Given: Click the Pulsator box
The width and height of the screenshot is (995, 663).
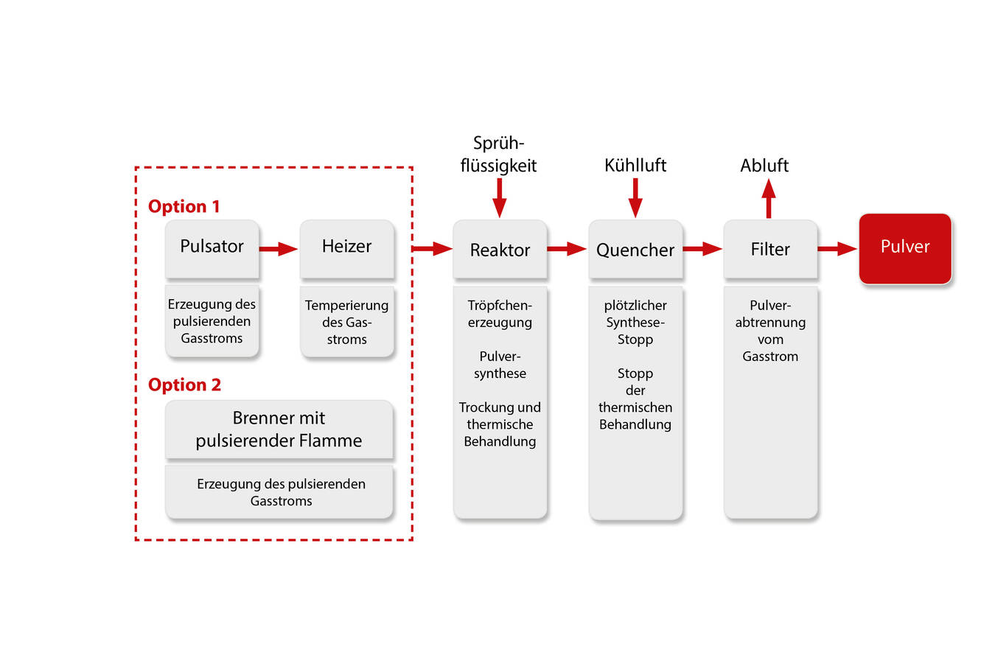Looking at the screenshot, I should click(x=212, y=248).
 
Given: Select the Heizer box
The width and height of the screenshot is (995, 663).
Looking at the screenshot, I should click(x=346, y=248).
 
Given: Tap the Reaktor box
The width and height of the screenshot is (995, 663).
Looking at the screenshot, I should click(x=500, y=250).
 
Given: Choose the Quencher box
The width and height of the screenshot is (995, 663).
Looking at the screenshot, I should click(x=635, y=250).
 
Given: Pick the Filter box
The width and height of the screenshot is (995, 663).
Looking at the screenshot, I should click(x=770, y=250).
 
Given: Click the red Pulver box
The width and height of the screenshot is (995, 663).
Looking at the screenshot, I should click(x=905, y=248).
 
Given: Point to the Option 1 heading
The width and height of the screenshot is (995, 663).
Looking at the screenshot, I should click(x=184, y=206).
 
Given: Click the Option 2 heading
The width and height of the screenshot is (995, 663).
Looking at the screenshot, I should click(x=184, y=385).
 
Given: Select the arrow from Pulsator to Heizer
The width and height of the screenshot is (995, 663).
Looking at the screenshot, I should click(x=279, y=249).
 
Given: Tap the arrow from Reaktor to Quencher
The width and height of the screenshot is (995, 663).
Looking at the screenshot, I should click(x=567, y=249).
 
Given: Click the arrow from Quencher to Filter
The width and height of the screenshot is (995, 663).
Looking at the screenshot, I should click(x=702, y=249).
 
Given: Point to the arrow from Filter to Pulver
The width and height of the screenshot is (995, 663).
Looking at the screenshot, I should click(x=837, y=249).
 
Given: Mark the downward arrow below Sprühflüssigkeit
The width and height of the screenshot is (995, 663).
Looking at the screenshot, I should click(x=499, y=197).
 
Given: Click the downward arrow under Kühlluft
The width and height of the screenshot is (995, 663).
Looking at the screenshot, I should click(x=635, y=197).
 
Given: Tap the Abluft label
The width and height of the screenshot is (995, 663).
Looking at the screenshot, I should click(x=764, y=166).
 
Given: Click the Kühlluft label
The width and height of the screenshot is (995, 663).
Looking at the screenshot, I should click(x=635, y=166).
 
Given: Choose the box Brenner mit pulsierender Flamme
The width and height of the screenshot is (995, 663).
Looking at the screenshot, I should click(x=279, y=429).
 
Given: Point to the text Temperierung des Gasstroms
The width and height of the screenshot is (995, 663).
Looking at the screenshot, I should click(x=346, y=322).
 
